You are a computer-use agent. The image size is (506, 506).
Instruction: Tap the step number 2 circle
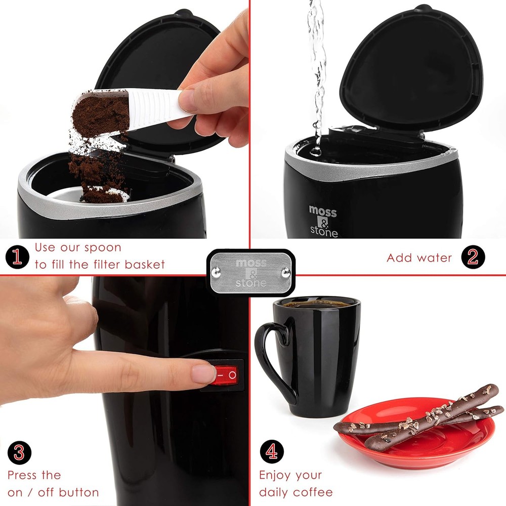pos(473,258)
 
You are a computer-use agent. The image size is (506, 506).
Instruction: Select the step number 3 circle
pos(19,452)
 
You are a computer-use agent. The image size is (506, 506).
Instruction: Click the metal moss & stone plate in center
pos(250,272)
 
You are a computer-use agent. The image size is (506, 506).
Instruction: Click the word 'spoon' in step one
pos(103,248)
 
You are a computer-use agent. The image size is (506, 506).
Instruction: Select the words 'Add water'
pos(419,258)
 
